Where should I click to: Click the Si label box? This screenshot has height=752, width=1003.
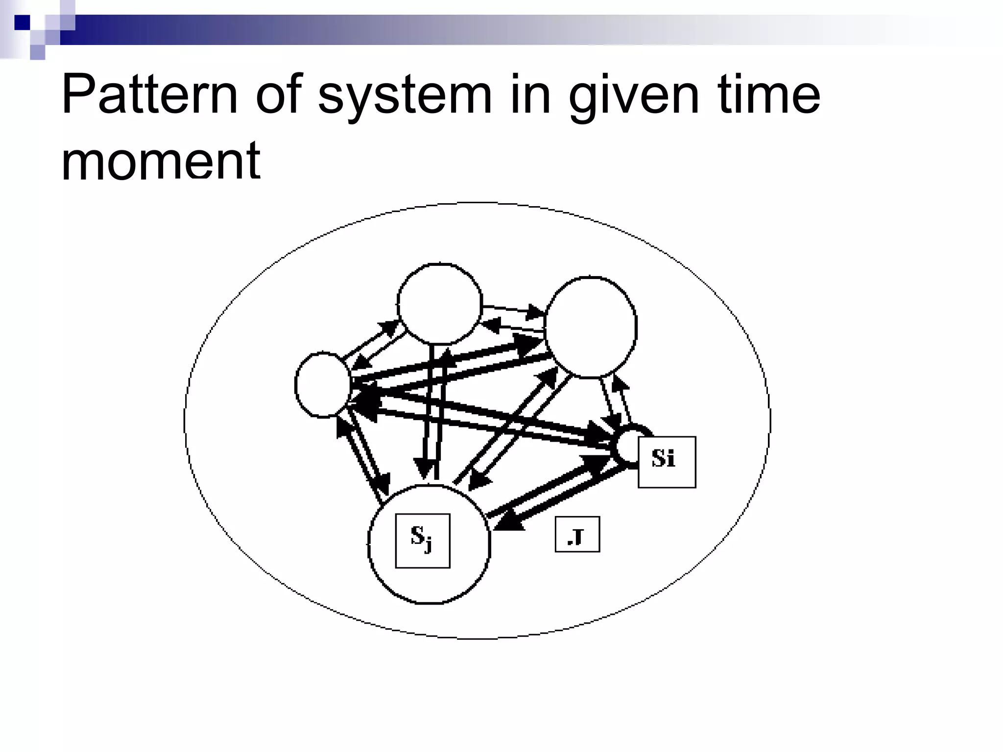point(667,462)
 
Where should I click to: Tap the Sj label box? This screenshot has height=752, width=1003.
point(423,540)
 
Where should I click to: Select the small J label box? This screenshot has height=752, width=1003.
point(577,534)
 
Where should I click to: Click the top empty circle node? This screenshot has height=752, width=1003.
point(440,304)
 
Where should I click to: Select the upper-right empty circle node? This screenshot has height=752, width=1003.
point(591,327)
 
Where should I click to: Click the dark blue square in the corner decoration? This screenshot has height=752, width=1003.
point(22,22)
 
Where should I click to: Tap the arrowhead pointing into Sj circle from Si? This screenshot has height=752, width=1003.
point(507,523)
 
